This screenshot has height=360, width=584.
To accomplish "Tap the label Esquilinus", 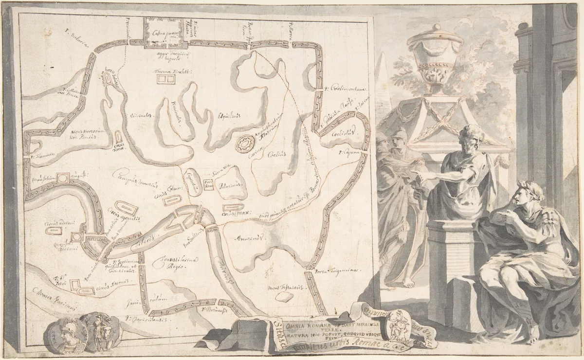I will [x=218, y=116].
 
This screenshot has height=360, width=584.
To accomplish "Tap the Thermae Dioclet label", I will [x=167, y=71].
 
